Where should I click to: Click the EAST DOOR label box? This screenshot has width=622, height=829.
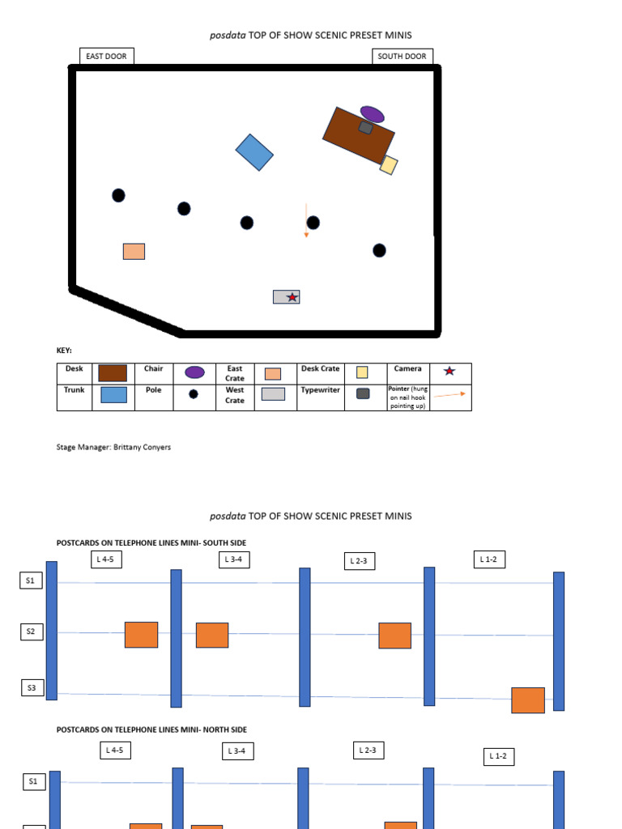(x=106, y=56)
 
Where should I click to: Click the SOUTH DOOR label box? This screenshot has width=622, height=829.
(x=402, y=56)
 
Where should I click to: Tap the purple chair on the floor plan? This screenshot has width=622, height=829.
(x=373, y=114)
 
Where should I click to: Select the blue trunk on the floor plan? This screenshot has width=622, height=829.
(x=254, y=152)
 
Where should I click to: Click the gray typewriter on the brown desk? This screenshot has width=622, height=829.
(x=365, y=127)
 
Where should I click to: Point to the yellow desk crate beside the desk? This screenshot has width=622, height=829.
(x=389, y=165)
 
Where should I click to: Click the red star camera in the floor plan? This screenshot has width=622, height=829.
(x=292, y=297)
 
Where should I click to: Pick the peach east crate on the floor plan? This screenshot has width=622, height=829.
(x=134, y=251)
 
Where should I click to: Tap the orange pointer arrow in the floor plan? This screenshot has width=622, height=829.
(x=306, y=220)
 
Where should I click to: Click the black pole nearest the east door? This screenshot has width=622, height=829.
(x=118, y=196)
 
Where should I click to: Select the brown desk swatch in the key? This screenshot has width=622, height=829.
(x=113, y=372)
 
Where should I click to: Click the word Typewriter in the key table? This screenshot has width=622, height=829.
(x=320, y=389)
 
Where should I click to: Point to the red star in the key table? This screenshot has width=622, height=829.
(x=449, y=371)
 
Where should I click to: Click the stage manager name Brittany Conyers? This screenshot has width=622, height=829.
(x=142, y=447)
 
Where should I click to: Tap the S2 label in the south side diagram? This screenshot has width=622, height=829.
(x=32, y=631)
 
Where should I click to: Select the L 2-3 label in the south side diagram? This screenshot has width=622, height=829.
(x=359, y=561)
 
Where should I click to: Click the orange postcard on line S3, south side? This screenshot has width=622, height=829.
(x=528, y=700)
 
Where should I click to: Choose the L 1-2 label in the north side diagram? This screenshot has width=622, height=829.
(x=499, y=757)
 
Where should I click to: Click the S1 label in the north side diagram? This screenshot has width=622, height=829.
(x=33, y=781)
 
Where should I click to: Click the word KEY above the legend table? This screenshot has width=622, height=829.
(x=64, y=350)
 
